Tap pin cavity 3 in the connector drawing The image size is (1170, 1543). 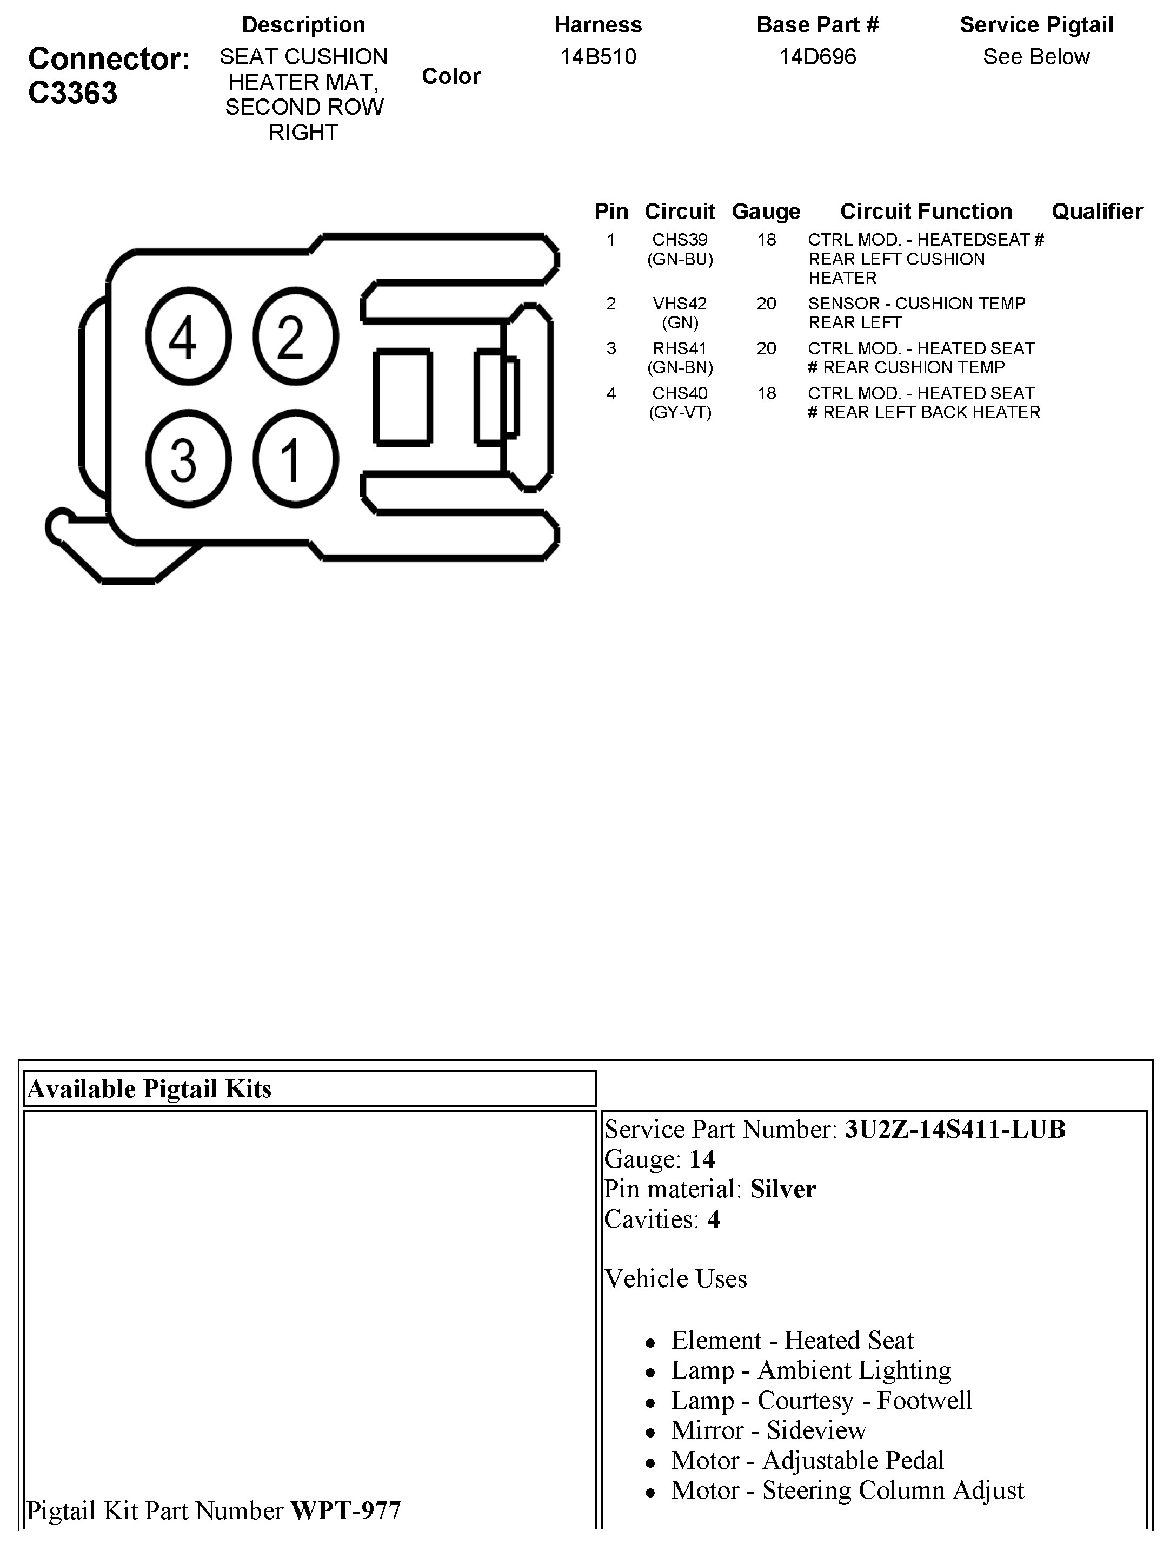point(188,459)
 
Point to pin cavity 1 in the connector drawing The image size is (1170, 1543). point(295,459)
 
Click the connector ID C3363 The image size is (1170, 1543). point(72,93)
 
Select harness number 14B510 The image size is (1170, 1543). point(597,56)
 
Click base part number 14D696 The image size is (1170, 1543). point(817,56)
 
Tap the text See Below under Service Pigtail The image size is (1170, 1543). point(1036,56)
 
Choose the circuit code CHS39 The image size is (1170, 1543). point(680,240)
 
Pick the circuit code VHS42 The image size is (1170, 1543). point(680,304)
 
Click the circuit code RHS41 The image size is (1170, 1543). point(680,348)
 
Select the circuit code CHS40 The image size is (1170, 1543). point(680,393)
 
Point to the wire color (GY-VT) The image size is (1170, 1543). point(680,412)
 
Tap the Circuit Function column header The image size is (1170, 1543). point(926,212)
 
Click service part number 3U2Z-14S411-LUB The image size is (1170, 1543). point(955,1129)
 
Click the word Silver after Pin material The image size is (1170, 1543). point(782,1189)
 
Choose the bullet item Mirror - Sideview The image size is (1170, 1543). point(768,1430)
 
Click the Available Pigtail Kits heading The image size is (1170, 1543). point(149,1089)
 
